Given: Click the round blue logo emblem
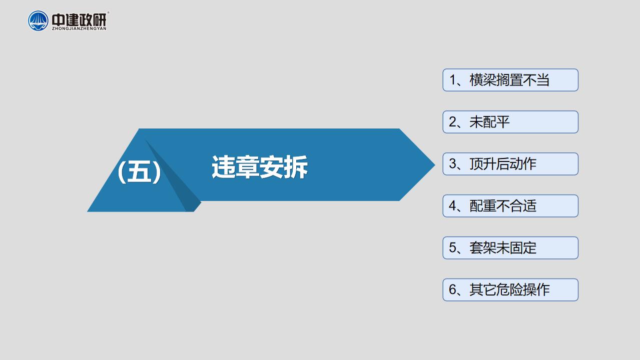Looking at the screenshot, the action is tap(38, 21).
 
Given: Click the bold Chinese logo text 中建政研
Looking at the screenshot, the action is tap(79, 19).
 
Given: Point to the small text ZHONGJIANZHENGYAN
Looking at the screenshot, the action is tap(79, 28).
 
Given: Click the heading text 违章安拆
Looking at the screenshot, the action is tap(259, 167).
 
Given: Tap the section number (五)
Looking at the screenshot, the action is tap(140, 171).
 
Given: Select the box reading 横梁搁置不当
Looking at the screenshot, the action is tap(510, 80).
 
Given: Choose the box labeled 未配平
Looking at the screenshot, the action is tap(510, 122).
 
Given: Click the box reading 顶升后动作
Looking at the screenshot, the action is tap(510, 164).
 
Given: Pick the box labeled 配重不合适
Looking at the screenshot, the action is tap(510, 206).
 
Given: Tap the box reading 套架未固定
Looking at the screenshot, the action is tap(510, 248).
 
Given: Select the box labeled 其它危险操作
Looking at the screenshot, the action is tap(510, 290).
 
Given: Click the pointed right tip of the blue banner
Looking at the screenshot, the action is tap(435, 164).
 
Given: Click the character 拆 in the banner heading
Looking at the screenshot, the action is tap(296, 167).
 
